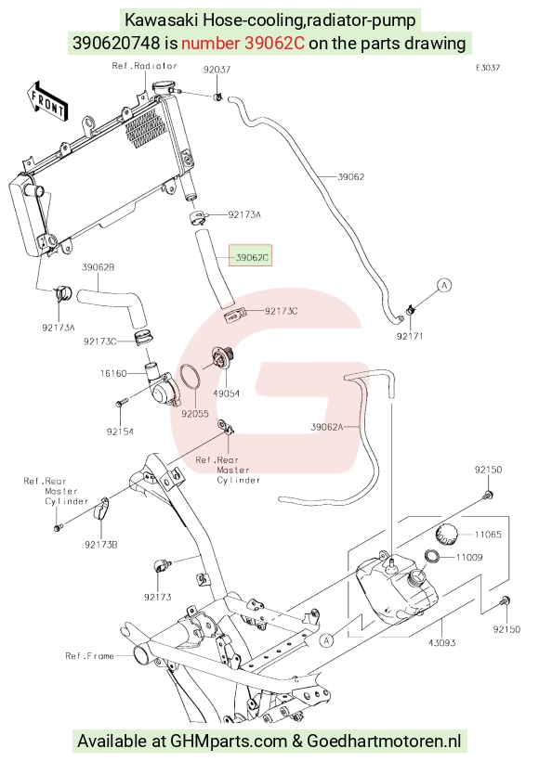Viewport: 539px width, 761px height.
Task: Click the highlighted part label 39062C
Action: [x=251, y=258]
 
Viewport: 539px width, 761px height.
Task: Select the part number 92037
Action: [x=217, y=70]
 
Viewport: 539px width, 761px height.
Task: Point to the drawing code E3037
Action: [x=488, y=68]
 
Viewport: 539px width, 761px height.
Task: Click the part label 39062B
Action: [x=99, y=267]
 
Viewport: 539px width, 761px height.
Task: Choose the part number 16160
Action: [x=113, y=373]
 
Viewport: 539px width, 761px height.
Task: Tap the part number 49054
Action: [x=227, y=393]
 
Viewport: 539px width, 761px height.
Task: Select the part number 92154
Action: [x=120, y=432]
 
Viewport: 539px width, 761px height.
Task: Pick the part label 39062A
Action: [x=327, y=427]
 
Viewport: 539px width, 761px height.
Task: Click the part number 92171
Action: [x=410, y=336]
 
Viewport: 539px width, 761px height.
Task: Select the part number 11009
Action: [x=469, y=557]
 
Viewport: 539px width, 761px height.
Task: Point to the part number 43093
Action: [x=441, y=643]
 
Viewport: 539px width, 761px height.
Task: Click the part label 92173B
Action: [x=101, y=545]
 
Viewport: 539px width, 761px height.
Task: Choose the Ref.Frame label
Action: [x=89, y=656]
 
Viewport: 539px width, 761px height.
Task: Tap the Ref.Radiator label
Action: [x=144, y=66]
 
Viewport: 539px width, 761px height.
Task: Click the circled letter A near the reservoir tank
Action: [x=326, y=640]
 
